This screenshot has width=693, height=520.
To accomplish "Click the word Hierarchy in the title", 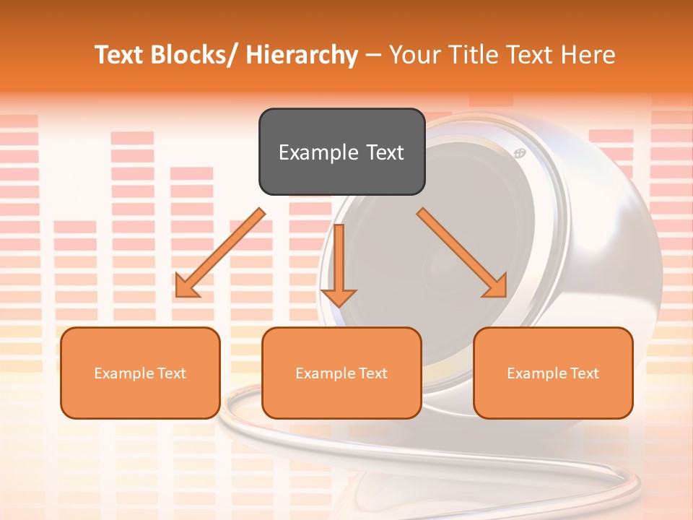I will (x=302, y=56).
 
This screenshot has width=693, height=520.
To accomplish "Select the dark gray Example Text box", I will (x=341, y=152).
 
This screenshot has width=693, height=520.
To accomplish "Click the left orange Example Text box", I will (x=140, y=373).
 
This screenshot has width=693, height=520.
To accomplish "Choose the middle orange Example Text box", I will (x=341, y=373).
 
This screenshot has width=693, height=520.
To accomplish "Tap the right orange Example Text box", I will (x=553, y=373).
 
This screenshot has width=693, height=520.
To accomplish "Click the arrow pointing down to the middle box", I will (x=339, y=264).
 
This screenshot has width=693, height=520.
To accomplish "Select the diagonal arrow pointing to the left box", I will (x=220, y=253).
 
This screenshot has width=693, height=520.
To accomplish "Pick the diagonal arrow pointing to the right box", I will (x=462, y=253).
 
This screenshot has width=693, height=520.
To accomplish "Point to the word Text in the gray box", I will (x=384, y=152).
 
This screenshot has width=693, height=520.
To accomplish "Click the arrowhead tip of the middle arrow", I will (x=339, y=305).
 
